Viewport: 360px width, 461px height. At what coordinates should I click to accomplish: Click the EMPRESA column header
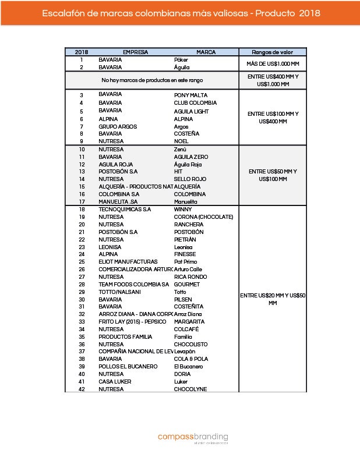coord(135,52)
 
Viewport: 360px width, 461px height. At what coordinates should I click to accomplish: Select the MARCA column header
coord(206,52)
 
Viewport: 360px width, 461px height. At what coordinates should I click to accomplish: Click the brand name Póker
coord(181,59)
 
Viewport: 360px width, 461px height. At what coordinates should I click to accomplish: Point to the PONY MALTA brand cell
coord(190,95)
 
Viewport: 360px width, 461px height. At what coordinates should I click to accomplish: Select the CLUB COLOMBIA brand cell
coord(195,103)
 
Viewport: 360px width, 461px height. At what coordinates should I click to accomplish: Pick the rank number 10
coord(82,149)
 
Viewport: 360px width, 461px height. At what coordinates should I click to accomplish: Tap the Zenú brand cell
coord(180,149)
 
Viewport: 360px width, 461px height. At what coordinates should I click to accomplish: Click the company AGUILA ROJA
coord(115,164)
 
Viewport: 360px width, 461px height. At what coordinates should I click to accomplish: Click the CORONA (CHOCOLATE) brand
coord(203,217)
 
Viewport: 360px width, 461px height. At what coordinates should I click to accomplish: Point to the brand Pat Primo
coord(185,262)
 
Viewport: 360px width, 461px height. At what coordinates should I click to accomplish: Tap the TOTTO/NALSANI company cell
coord(119,292)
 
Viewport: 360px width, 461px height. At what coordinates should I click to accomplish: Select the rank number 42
coord(82,389)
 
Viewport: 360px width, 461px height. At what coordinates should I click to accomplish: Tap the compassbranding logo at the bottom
coord(193,437)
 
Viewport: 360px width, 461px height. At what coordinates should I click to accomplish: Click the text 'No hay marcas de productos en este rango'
coord(152,80)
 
